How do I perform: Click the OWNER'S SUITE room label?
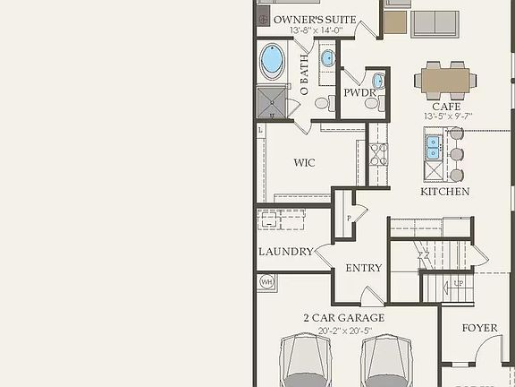pyautogui.click(x=315, y=19)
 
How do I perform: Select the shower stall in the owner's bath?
pyautogui.click(x=271, y=102)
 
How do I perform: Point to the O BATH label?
pyautogui.click(x=304, y=75)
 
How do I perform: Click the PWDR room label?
pyautogui.click(x=359, y=93)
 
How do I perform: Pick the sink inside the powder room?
pyautogui.click(x=378, y=82)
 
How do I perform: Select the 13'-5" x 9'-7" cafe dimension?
pyautogui.click(x=447, y=116)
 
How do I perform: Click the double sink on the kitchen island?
pyautogui.click(x=434, y=146)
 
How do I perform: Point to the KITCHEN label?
pyautogui.click(x=444, y=192)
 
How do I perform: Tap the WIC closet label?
pyautogui.click(x=304, y=163)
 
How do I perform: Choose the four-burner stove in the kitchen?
pyautogui.click(x=378, y=161)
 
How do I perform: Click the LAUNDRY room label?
pyautogui.click(x=286, y=252)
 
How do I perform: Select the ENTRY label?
pyautogui.click(x=363, y=268)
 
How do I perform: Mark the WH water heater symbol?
pyautogui.click(x=266, y=282)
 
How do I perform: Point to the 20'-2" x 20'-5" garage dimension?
pyautogui.click(x=344, y=331)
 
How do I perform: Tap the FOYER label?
pyautogui.click(x=479, y=328)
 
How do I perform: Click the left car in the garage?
pyautogui.click(x=306, y=362)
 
